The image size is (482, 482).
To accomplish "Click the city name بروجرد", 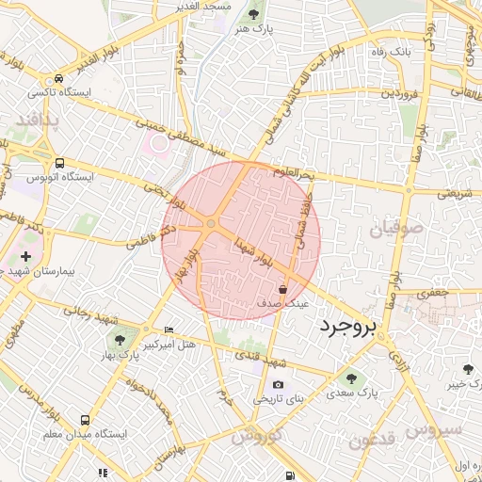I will click(347, 327).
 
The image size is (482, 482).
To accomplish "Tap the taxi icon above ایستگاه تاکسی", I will click(60, 79).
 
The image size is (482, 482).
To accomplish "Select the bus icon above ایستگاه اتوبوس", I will click(60, 163).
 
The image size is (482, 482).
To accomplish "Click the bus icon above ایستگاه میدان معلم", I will click(86, 420).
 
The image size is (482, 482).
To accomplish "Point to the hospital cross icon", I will click(25, 256).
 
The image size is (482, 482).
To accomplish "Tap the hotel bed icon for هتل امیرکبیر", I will click(169, 329).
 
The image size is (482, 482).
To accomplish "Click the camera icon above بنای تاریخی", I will click(278, 385).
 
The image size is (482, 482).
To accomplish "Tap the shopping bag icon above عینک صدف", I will click(283, 290).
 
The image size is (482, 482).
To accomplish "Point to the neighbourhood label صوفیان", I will click(391, 230).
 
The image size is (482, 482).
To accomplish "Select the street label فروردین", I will click(398, 95).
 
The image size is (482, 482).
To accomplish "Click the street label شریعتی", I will click(454, 194).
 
